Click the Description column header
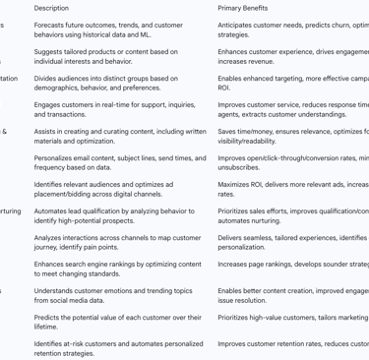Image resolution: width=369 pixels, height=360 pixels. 51,8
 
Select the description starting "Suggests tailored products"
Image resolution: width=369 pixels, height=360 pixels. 105,56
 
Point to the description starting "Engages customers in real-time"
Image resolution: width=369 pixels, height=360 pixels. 114,109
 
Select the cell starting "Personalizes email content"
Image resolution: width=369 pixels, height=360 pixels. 119,162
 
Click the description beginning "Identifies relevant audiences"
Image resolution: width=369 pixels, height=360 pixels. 103,189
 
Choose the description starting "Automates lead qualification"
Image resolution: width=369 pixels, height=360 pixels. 113,215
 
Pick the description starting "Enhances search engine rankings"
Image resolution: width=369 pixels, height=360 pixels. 117,269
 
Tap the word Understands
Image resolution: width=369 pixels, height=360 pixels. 54,290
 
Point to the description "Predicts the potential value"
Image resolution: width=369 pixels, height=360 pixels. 117,322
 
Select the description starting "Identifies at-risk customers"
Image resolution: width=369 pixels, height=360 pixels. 118,348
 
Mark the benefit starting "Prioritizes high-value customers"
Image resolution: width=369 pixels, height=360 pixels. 292,317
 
